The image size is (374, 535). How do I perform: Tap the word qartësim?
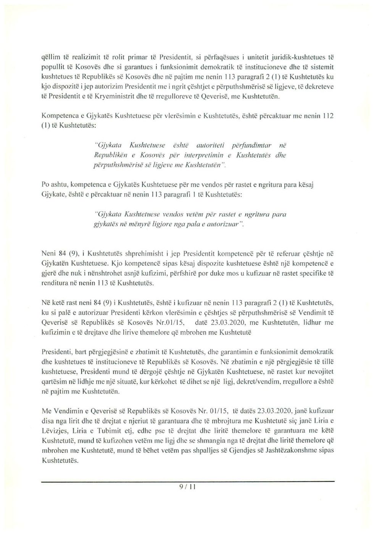tap(55, 381)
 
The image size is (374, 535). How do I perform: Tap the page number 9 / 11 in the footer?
tap(187, 487)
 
